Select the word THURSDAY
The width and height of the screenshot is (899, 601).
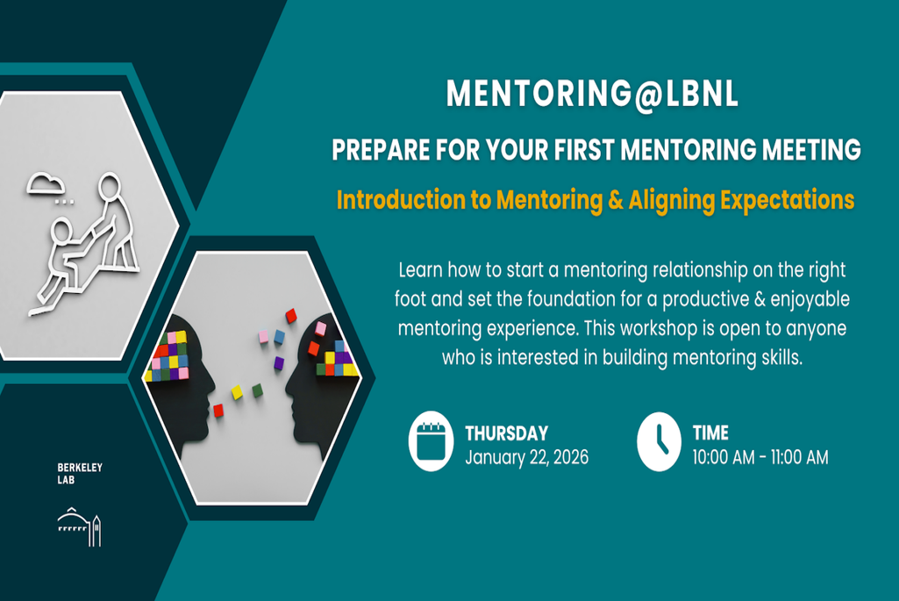506,433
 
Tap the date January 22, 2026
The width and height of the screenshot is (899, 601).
526,457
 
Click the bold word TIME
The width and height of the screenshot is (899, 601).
710,433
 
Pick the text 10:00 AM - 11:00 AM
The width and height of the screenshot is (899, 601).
760,457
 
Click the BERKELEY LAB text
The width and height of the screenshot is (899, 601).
80,474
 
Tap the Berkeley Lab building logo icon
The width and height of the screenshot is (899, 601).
80,526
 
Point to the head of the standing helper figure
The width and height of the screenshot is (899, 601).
109,187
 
